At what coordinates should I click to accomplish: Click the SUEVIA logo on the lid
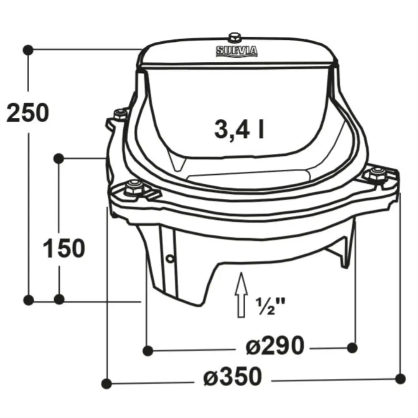(x=237, y=51)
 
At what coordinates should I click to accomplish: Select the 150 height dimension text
(x=64, y=248)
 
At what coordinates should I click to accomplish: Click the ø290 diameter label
(x=275, y=346)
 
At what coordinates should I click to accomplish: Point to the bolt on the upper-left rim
(x=120, y=113)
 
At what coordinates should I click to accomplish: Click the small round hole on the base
(x=169, y=259)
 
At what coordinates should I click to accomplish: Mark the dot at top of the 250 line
(x=28, y=49)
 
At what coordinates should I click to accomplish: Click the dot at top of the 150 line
(x=59, y=158)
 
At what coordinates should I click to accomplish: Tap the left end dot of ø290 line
(x=147, y=350)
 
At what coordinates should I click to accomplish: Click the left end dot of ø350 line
(x=107, y=382)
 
